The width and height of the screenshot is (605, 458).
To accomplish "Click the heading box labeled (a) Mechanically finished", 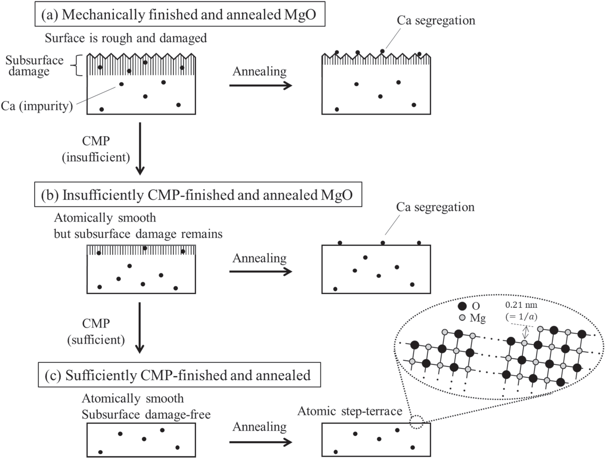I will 180,14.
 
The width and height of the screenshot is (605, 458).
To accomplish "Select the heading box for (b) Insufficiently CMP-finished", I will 198,195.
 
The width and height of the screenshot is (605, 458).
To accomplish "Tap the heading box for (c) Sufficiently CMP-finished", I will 179,375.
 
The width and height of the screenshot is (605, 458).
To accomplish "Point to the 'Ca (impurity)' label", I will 37,106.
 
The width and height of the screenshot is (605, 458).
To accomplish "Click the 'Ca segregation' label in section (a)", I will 436,20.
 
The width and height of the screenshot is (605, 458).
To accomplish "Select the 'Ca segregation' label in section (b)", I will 435,207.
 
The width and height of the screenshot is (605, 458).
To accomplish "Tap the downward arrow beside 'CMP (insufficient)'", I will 140,149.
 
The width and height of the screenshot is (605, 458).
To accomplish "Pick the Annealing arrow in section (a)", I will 260,85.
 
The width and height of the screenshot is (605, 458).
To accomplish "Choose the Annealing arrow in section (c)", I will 260,442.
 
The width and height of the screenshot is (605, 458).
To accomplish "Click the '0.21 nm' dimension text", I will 521,305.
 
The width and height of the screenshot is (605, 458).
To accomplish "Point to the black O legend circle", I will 462,307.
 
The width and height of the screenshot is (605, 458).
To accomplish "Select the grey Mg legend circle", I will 462,318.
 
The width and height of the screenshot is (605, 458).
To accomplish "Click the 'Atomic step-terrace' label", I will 350,411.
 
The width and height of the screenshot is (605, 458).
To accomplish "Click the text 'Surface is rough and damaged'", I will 126,38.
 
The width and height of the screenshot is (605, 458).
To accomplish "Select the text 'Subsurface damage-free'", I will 146,414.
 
